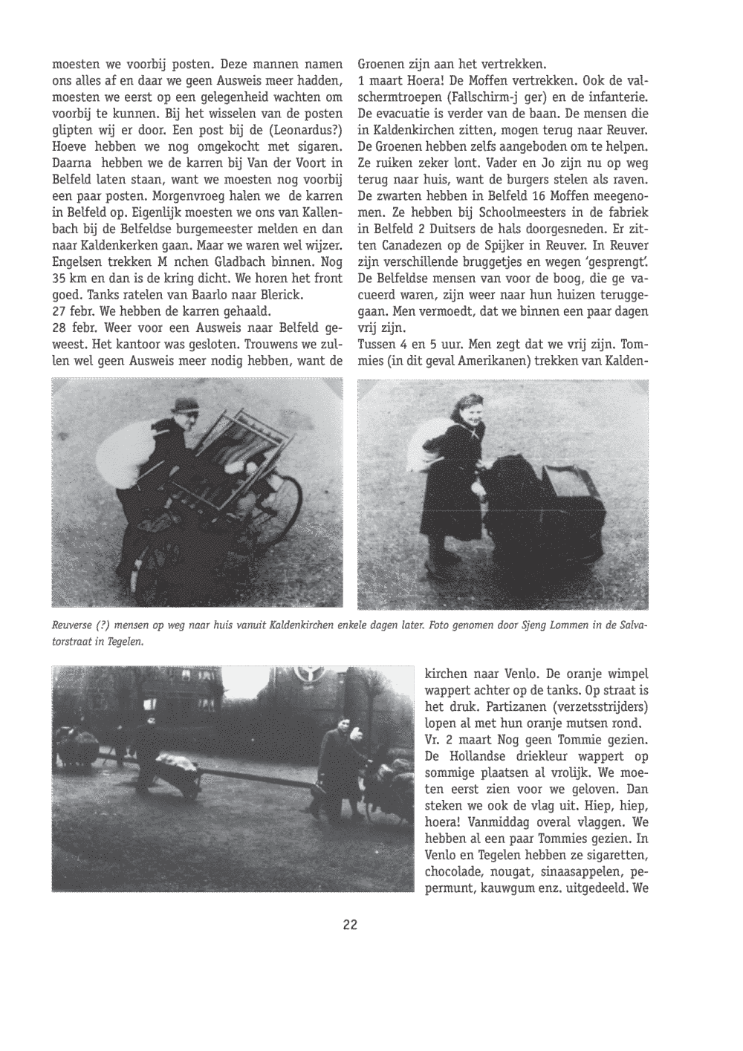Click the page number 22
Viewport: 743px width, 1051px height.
coord(350,925)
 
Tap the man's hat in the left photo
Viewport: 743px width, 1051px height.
coord(184,405)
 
